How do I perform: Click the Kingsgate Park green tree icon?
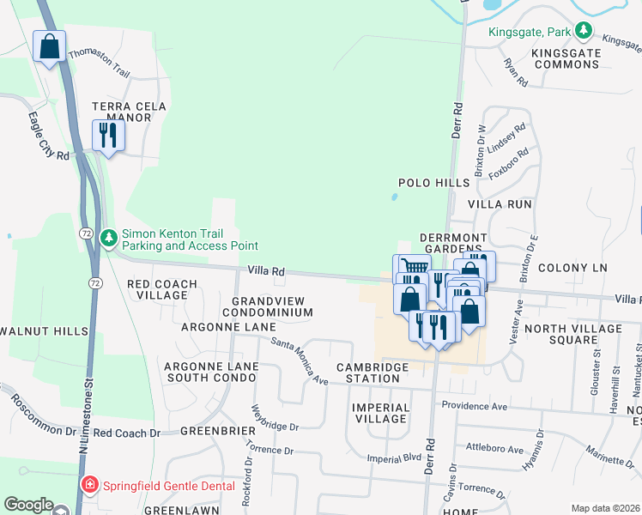tap(584, 32)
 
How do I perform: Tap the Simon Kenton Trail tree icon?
tap(109, 238)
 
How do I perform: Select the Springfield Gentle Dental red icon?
tap(90, 486)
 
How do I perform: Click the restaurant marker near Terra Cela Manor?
tap(108, 136)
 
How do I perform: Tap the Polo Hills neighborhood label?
tap(434, 183)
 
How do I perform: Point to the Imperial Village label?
tap(380, 413)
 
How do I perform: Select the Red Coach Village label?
tap(162, 289)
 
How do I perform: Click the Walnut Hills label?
tap(44, 331)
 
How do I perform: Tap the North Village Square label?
tap(572, 334)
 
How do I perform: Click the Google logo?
tap(28, 505)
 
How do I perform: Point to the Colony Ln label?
tap(572, 268)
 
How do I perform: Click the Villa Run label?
tap(500, 205)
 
